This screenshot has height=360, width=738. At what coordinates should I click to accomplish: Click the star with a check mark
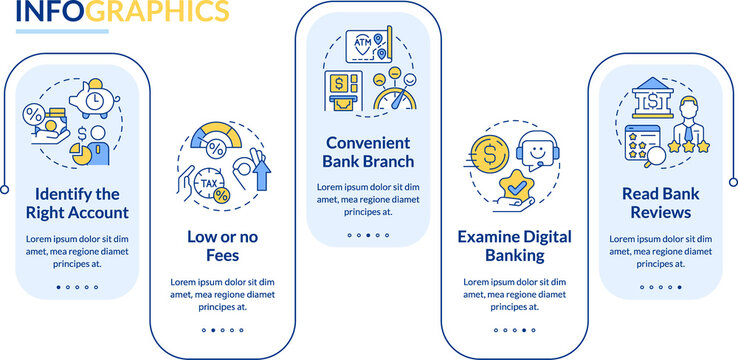tap(517, 187)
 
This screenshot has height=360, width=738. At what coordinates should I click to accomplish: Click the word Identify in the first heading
tap(58, 193)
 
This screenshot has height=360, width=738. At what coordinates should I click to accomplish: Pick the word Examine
tap(488, 237)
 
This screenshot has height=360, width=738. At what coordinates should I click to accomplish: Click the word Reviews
tap(655, 212)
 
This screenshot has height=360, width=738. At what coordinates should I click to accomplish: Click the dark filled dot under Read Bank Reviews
tap(679, 287)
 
